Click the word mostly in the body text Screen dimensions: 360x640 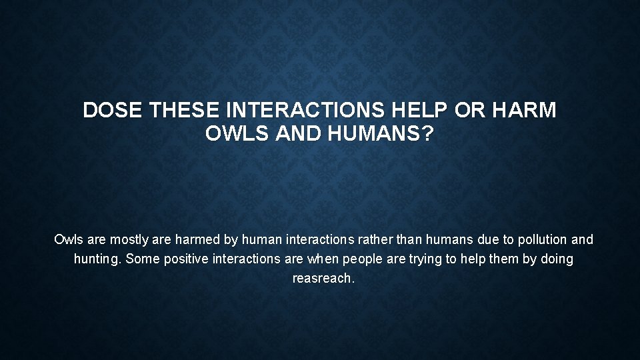tap(131, 239)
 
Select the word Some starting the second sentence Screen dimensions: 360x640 tap(141, 259)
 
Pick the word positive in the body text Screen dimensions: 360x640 tap(185, 259)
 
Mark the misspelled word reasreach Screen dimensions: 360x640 tap(323, 279)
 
